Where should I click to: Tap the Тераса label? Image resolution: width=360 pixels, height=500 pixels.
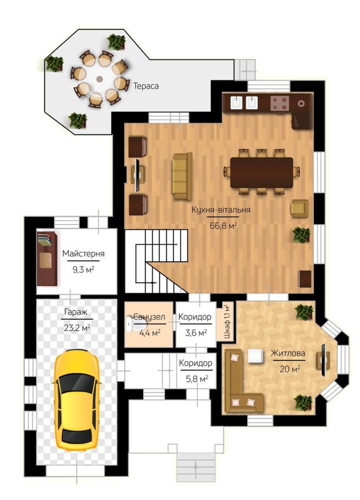[x=146, y=86]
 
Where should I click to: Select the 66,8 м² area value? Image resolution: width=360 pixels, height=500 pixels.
[x=223, y=226]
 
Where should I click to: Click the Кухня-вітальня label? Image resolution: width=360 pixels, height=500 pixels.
[x=221, y=210]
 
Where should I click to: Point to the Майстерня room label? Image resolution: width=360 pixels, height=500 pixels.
[x=84, y=253]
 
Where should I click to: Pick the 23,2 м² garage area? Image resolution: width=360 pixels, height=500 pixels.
[x=77, y=328]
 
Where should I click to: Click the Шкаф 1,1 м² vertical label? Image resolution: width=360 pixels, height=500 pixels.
[x=227, y=321]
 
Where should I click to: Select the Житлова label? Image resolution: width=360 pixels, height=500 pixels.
[x=288, y=353]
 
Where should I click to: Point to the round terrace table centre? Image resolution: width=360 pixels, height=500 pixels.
[x=99, y=78]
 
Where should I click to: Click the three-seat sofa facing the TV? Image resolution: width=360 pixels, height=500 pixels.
[x=182, y=176]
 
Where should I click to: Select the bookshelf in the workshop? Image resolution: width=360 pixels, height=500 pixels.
[x=46, y=258]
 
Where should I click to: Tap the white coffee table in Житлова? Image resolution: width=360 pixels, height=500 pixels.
[x=255, y=355]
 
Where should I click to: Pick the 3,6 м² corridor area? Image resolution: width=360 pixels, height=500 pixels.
[x=196, y=333]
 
